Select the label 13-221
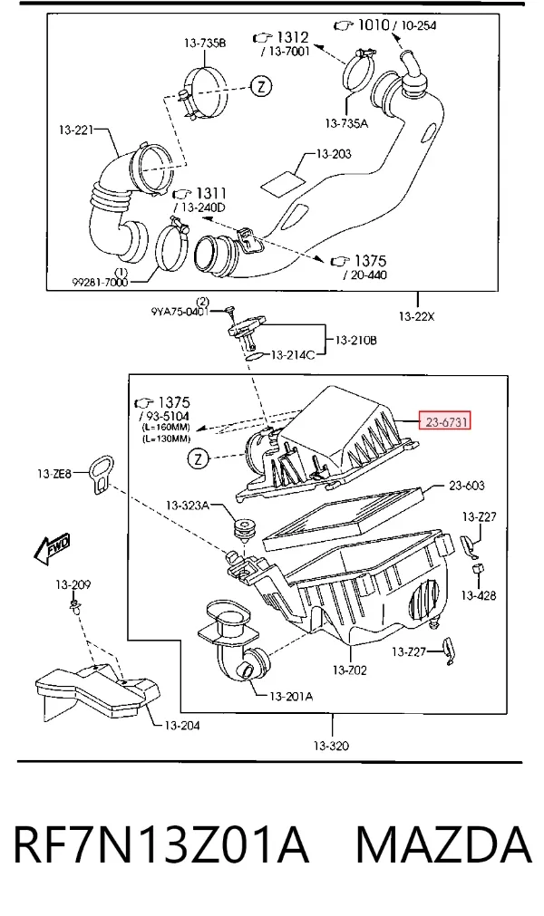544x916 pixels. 76,130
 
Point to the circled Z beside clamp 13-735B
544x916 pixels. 262,87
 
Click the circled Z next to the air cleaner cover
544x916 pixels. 199,458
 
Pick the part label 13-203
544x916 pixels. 334,154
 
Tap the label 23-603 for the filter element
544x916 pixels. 466,486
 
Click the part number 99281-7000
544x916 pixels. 100,282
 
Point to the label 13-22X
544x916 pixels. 417,316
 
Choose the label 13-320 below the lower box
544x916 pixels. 331,746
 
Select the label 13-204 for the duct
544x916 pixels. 181,726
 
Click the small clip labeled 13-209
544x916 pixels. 74,604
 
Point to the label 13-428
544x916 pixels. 479,595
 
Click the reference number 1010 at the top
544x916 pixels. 373,25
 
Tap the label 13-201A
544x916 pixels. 291,696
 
